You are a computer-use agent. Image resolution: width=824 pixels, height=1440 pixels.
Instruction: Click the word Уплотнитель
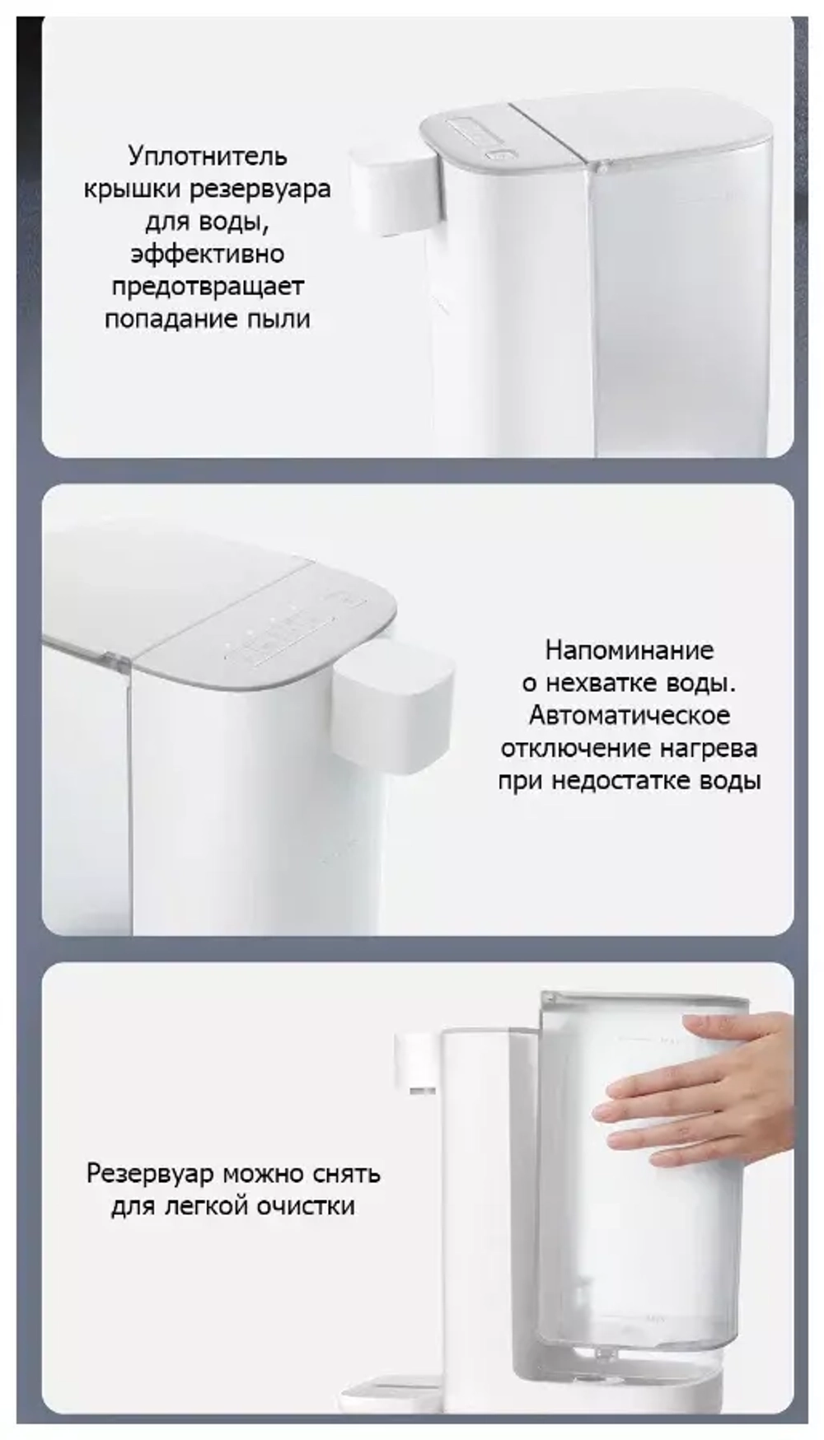click(x=208, y=156)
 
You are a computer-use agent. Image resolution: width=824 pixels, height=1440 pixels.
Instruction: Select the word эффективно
click(x=207, y=254)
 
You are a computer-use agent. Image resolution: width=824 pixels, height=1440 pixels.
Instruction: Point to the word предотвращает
click(x=207, y=287)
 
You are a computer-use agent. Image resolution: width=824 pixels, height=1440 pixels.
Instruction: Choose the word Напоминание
click(x=629, y=650)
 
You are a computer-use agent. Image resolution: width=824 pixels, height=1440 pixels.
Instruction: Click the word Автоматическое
click(x=629, y=715)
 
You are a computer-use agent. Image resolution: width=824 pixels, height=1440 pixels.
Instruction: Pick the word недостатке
click(x=624, y=781)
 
